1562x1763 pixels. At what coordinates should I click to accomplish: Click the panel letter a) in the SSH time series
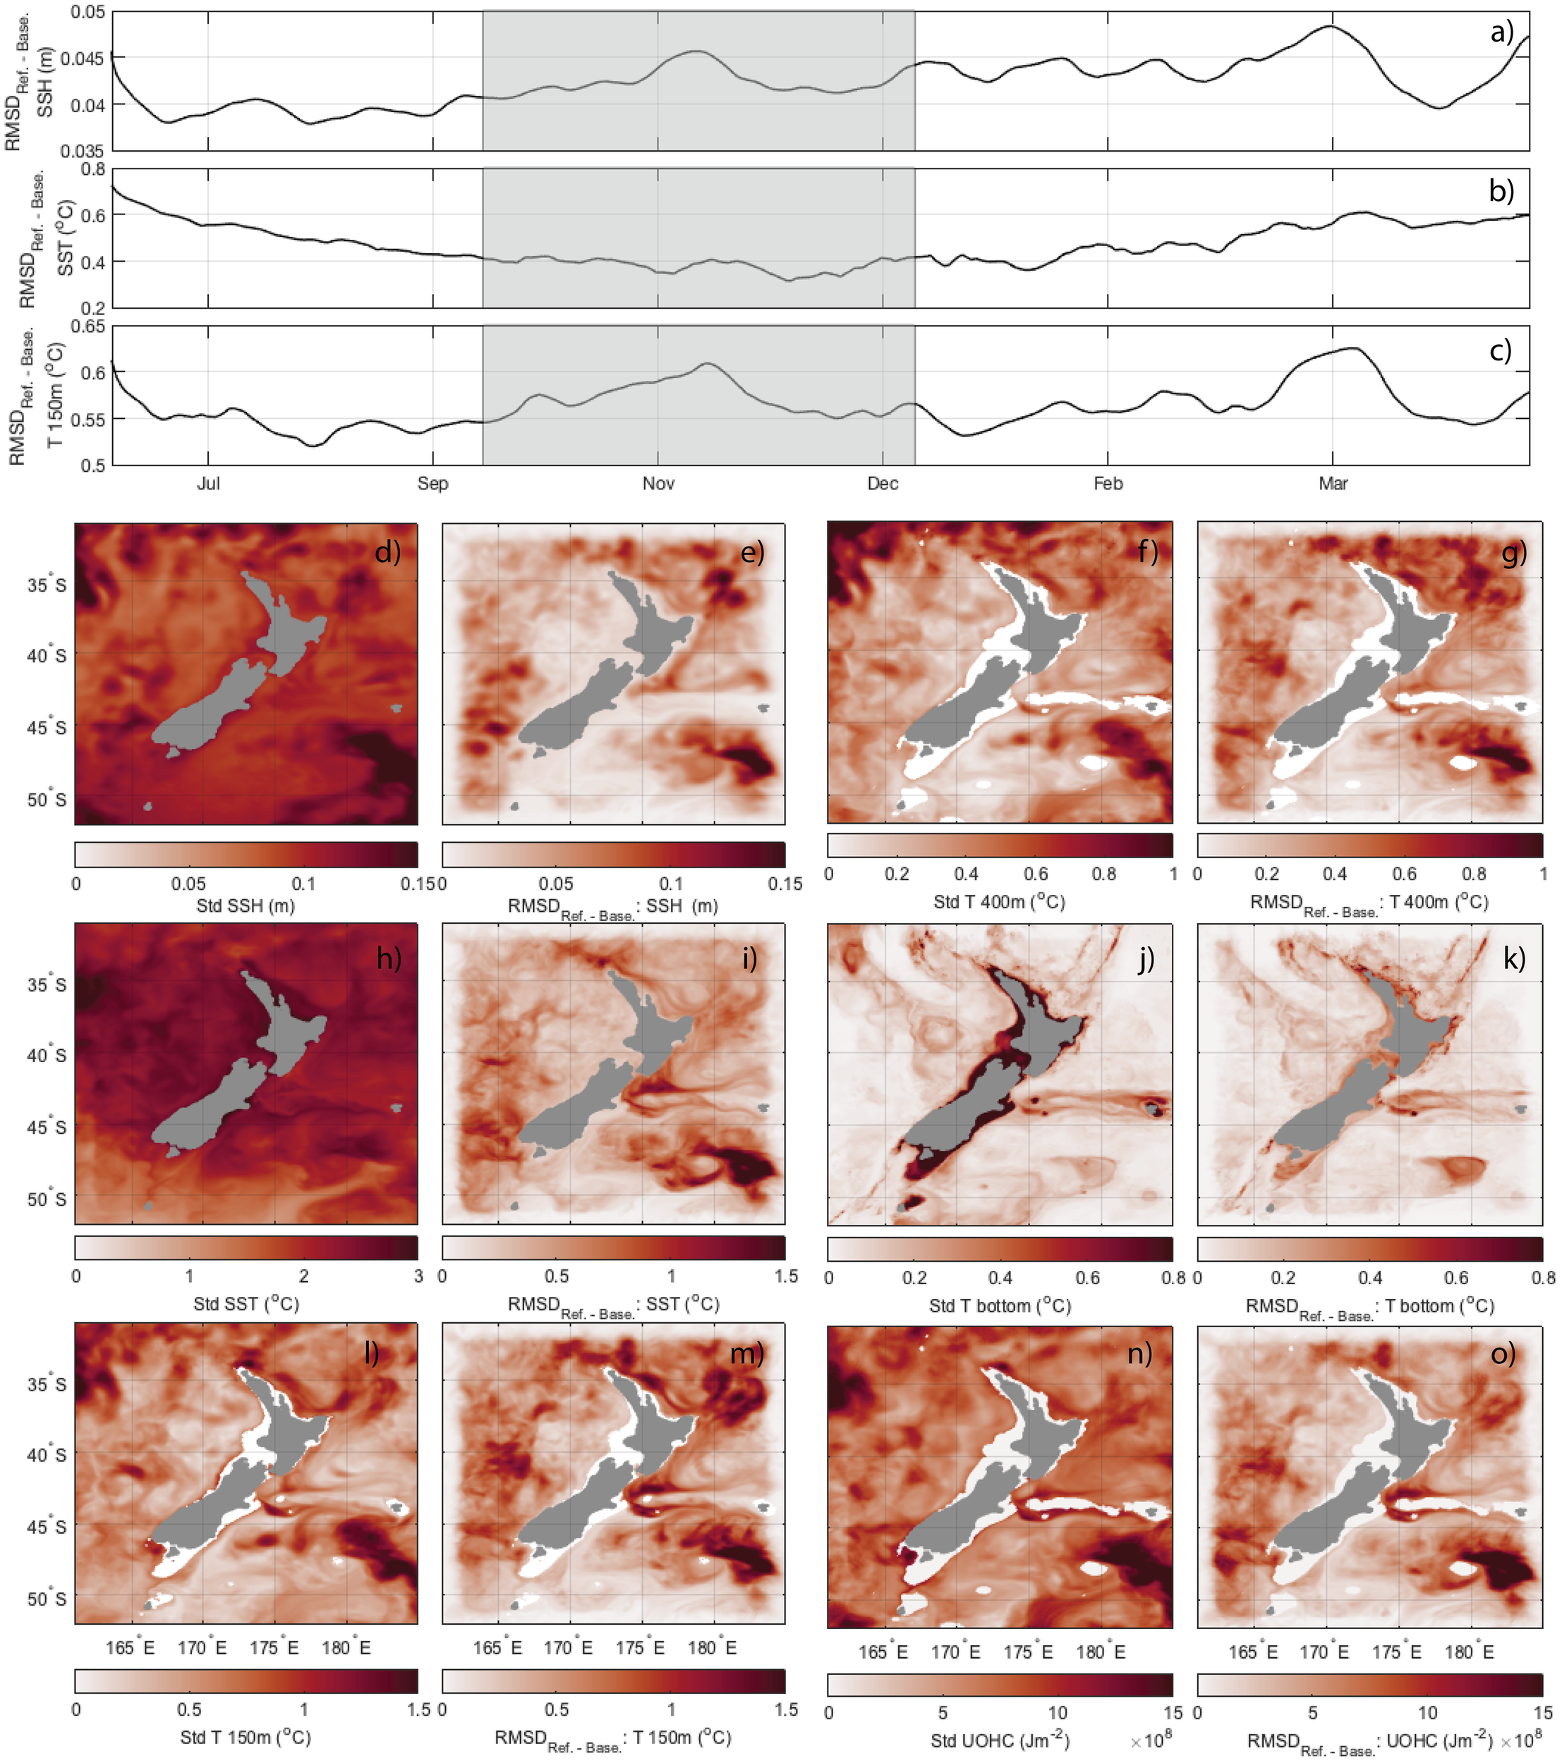[x=1501, y=32]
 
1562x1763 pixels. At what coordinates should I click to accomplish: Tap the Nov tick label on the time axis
[x=658, y=484]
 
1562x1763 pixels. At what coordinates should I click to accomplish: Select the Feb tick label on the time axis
[x=1108, y=484]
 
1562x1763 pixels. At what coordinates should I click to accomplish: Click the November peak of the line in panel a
[x=697, y=51]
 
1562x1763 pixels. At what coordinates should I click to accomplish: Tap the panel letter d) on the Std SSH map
[x=387, y=551]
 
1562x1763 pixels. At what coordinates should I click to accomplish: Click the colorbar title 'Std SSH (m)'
[x=246, y=905]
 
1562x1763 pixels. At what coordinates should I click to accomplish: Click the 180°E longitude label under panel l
[x=346, y=1648]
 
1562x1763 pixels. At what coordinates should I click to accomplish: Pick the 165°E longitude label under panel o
[x=1252, y=1652]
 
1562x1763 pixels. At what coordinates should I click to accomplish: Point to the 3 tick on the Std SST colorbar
[x=418, y=1276]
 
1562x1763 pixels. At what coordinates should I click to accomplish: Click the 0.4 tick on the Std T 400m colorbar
[x=966, y=874]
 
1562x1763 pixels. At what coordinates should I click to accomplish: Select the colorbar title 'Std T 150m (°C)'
[x=246, y=1737]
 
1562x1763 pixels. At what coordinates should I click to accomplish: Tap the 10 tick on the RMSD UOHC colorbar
[x=1427, y=1713]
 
